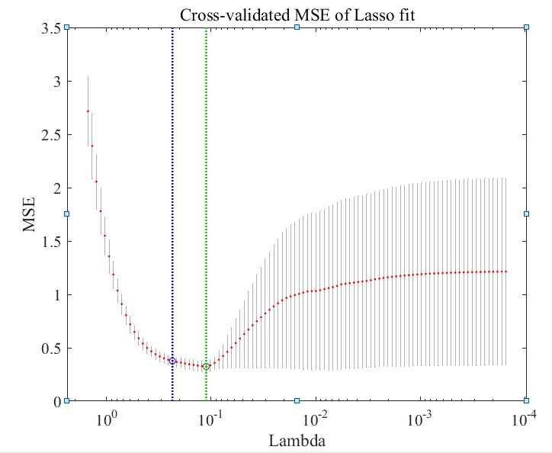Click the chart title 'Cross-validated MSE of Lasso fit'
(297, 14)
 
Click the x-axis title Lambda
(295, 439)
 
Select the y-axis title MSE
(30, 214)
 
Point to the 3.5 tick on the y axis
(51, 28)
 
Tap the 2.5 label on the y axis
(51, 135)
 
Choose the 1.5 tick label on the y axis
(51, 242)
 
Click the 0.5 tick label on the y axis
(51, 349)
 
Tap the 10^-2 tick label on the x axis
(314, 419)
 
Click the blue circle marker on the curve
(172, 361)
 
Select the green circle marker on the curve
(206, 367)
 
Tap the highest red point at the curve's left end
(88, 111)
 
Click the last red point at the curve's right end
(506, 271)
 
